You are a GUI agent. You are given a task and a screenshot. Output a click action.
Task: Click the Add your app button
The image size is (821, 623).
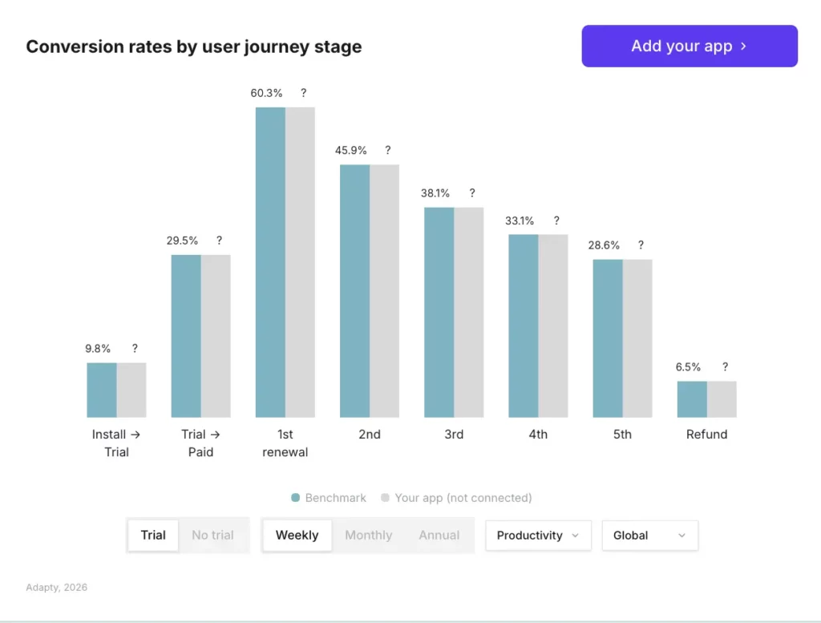690,46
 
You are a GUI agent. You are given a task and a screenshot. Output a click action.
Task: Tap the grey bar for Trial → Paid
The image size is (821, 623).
216,336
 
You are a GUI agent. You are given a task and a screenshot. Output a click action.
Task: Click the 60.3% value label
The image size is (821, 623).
266,93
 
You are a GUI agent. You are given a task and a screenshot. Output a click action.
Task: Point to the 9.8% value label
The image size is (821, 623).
98,349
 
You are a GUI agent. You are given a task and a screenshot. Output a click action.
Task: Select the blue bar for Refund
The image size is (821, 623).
692,399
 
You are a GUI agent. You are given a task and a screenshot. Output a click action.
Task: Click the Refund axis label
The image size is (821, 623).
706,435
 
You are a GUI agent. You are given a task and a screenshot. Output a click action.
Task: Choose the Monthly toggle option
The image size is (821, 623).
368,536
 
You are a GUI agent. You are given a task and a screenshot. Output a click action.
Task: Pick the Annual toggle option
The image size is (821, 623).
439,536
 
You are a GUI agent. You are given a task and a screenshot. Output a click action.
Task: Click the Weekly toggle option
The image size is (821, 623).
297,536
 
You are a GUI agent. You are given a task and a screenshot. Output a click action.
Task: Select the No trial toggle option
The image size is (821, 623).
212,536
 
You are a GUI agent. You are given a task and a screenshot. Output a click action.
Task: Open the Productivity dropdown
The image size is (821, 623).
538,536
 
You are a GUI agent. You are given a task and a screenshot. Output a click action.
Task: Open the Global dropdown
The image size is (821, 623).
649,536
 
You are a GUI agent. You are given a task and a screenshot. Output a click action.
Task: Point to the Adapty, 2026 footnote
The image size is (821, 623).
56,588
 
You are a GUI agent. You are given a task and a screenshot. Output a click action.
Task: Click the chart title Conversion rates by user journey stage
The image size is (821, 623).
194,47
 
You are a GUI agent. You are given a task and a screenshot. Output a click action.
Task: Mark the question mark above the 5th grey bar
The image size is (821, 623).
641,245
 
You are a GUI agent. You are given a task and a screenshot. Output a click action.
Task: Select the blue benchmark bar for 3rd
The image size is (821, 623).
439,313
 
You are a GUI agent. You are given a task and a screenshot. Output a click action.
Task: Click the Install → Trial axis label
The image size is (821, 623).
116,443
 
